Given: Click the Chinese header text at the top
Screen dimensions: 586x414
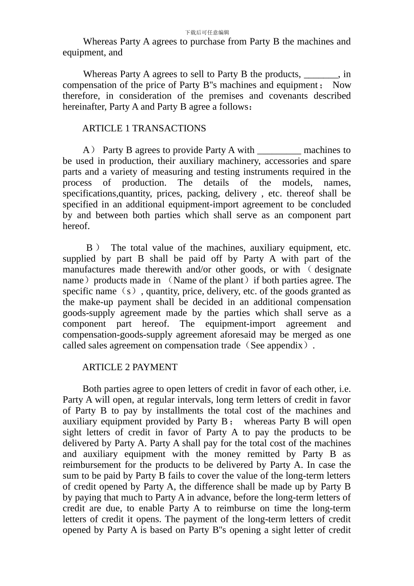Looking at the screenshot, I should click(x=207, y=32).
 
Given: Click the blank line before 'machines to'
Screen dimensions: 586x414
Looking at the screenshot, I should click(x=279, y=150).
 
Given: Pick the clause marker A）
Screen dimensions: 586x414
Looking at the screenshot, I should click(x=89, y=150).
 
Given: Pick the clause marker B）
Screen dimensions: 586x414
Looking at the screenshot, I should click(x=93, y=248).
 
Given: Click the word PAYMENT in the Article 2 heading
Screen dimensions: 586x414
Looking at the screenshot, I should click(x=155, y=368).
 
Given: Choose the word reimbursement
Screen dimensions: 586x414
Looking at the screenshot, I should click(x=94, y=465).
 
